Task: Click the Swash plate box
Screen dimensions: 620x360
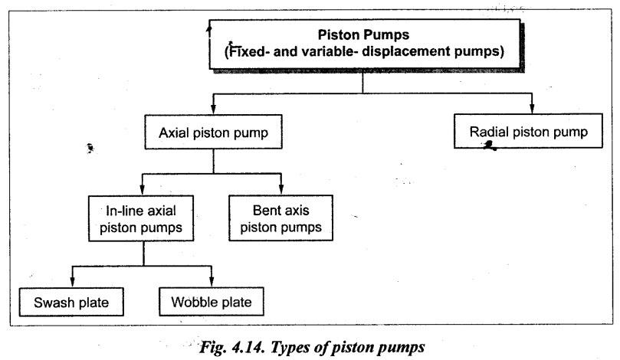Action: [x=71, y=302]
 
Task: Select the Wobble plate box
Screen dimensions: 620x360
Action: [x=212, y=302]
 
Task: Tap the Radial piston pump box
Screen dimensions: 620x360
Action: [x=528, y=131]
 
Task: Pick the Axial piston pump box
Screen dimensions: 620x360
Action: [x=214, y=132]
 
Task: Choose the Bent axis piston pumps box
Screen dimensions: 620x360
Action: [x=280, y=218]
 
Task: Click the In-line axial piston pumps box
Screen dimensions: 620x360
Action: [x=141, y=218]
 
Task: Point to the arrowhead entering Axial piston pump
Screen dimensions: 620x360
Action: [x=214, y=110]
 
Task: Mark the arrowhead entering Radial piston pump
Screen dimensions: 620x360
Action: [x=532, y=109]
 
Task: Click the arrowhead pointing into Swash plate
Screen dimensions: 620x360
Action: [x=72, y=282]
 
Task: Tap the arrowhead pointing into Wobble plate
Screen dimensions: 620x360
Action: [x=212, y=282]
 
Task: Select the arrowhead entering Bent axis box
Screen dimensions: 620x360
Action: [x=281, y=190]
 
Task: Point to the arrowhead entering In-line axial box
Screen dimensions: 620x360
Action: [x=142, y=191]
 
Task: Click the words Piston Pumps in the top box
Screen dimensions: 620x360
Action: [x=363, y=34]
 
